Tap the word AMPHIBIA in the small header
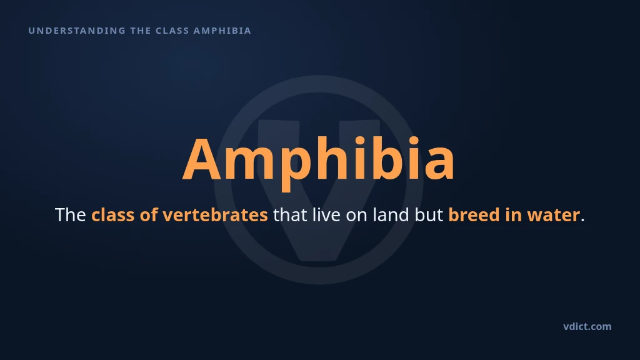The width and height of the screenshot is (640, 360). pyautogui.click(x=222, y=31)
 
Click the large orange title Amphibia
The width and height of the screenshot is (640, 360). pyautogui.click(x=318, y=160)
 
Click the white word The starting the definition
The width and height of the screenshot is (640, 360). pyautogui.click(x=70, y=215)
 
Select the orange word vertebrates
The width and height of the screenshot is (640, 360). pyautogui.click(x=215, y=215)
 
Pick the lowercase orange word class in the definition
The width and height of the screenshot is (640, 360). pyautogui.click(x=112, y=215)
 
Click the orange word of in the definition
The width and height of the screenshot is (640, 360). pyautogui.click(x=149, y=215)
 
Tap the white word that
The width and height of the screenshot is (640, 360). pyautogui.click(x=290, y=215)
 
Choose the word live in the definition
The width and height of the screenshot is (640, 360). pyautogui.click(x=326, y=215)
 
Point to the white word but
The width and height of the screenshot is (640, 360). pyautogui.click(x=429, y=215)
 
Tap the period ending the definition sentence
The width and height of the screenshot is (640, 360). pyautogui.click(x=582, y=220)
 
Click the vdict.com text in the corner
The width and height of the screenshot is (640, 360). pyautogui.click(x=587, y=326)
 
